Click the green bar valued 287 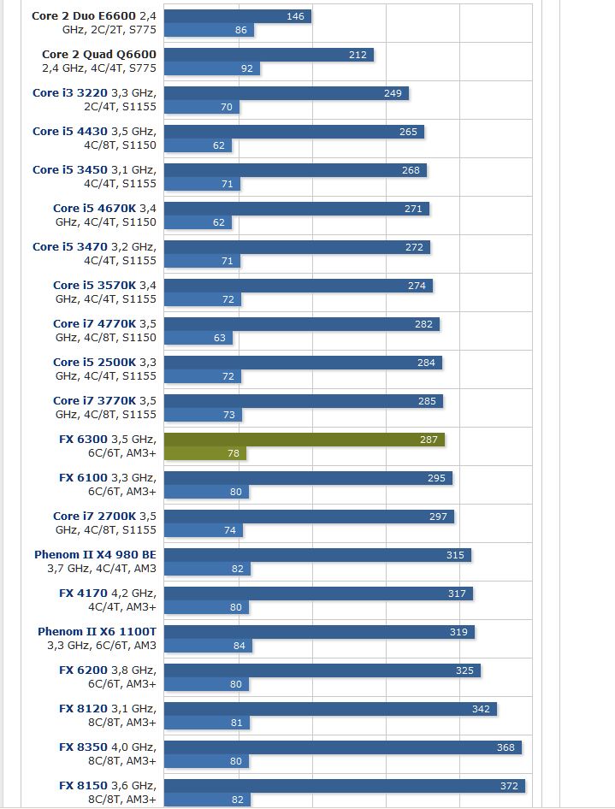point(304,440)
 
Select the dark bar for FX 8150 point(344,786)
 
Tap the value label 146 point(295,16)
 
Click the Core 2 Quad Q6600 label point(99,62)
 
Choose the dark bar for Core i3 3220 point(286,93)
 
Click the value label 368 point(506,747)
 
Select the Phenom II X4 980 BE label point(95,561)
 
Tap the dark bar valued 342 point(330,709)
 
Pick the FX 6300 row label point(108,446)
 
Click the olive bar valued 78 point(205,453)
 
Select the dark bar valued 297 point(309,517)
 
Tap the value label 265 point(408,132)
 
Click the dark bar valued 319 point(319,632)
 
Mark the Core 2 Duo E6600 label point(94,23)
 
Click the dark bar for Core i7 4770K point(301,324)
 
